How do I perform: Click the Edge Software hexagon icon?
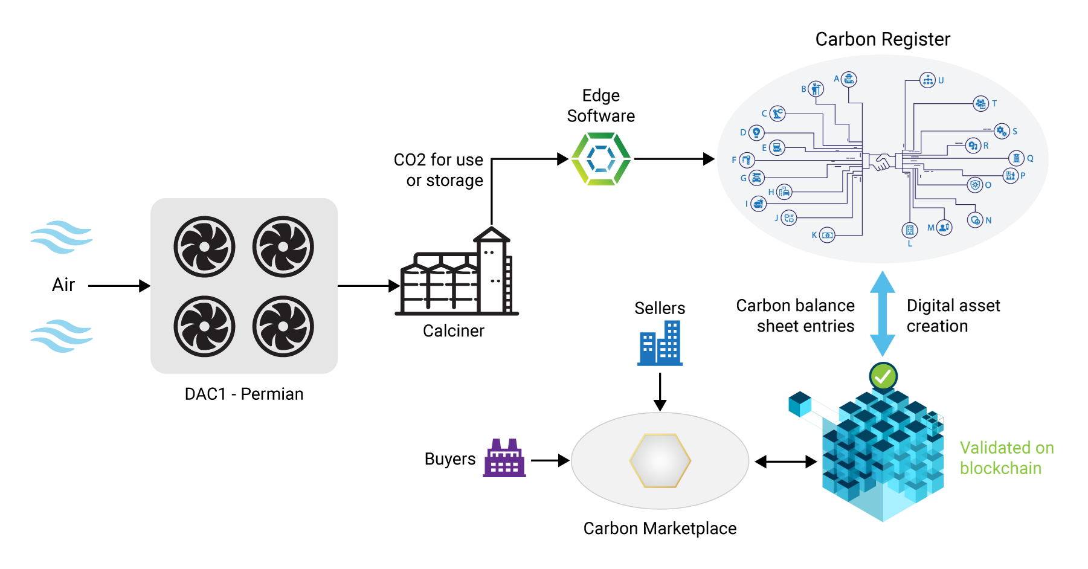pyautogui.click(x=601, y=159)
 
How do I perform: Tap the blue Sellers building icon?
pyautogui.click(x=660, y=343)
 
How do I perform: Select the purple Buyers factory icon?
pyautogui.click(x=504, y=458)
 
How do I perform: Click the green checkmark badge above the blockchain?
pyautogui.click(x=883, y=376)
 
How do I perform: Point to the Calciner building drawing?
pyautogui.click(x=457, y=272)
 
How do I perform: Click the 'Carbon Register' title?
pyautogui.click(x=883, y=39)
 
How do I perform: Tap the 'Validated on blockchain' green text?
pyautogui.click(x=1006, y=458)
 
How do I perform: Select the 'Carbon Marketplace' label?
pyautogui.click(x=660, y=529)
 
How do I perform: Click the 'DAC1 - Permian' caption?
pyautogui.click(x=244, y=394)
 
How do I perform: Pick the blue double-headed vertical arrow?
pyautogui.click(x=883, y=313)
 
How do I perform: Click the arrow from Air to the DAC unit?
pyautogui.click(x=119, y=286)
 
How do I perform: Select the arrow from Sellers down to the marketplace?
pyautogui.click(x=660, y=391)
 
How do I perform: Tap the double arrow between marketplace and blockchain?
pyautogui.click(x=785, y=462)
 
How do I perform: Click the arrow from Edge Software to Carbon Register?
pyautogui.click(x=674, y=159)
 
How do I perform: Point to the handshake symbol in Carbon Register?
pyautogui.click(x=883, y=162)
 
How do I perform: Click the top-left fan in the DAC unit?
pyautogui.click(x=204, y=246)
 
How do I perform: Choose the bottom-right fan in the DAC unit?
pyautogui.click(x=283, y=326)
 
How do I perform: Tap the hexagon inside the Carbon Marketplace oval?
pyautogui.click(x=660, y=461)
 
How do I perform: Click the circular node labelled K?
pyautogui.click(x=827, y=235)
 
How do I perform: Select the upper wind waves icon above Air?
pyautogui.click(x=62, y=237)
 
